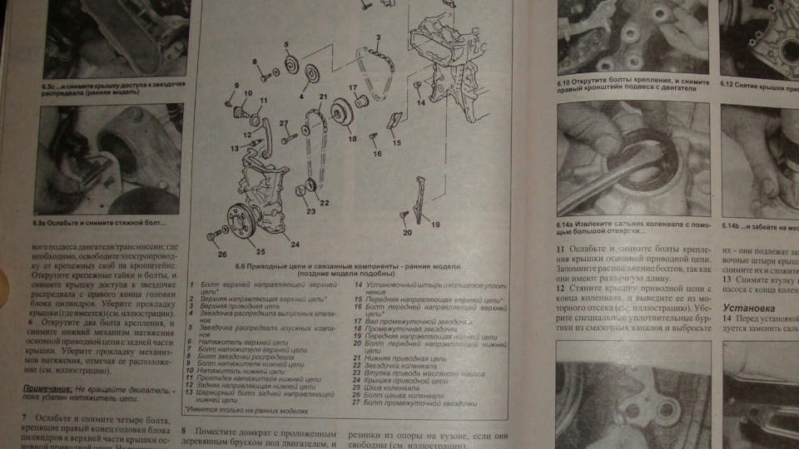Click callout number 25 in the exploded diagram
coord(261,250)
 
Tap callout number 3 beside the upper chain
coord(378,37)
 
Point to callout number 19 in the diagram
coord(434,224)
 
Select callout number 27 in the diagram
coord(284,124)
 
